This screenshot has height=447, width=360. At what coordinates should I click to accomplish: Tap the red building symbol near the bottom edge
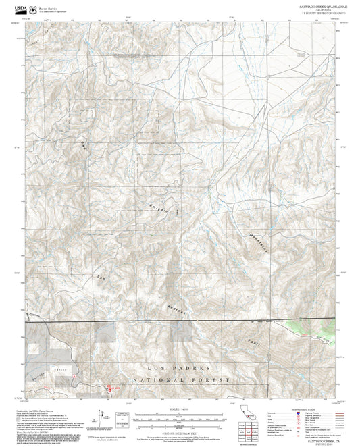pyautogui.click(x=111, y=390)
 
